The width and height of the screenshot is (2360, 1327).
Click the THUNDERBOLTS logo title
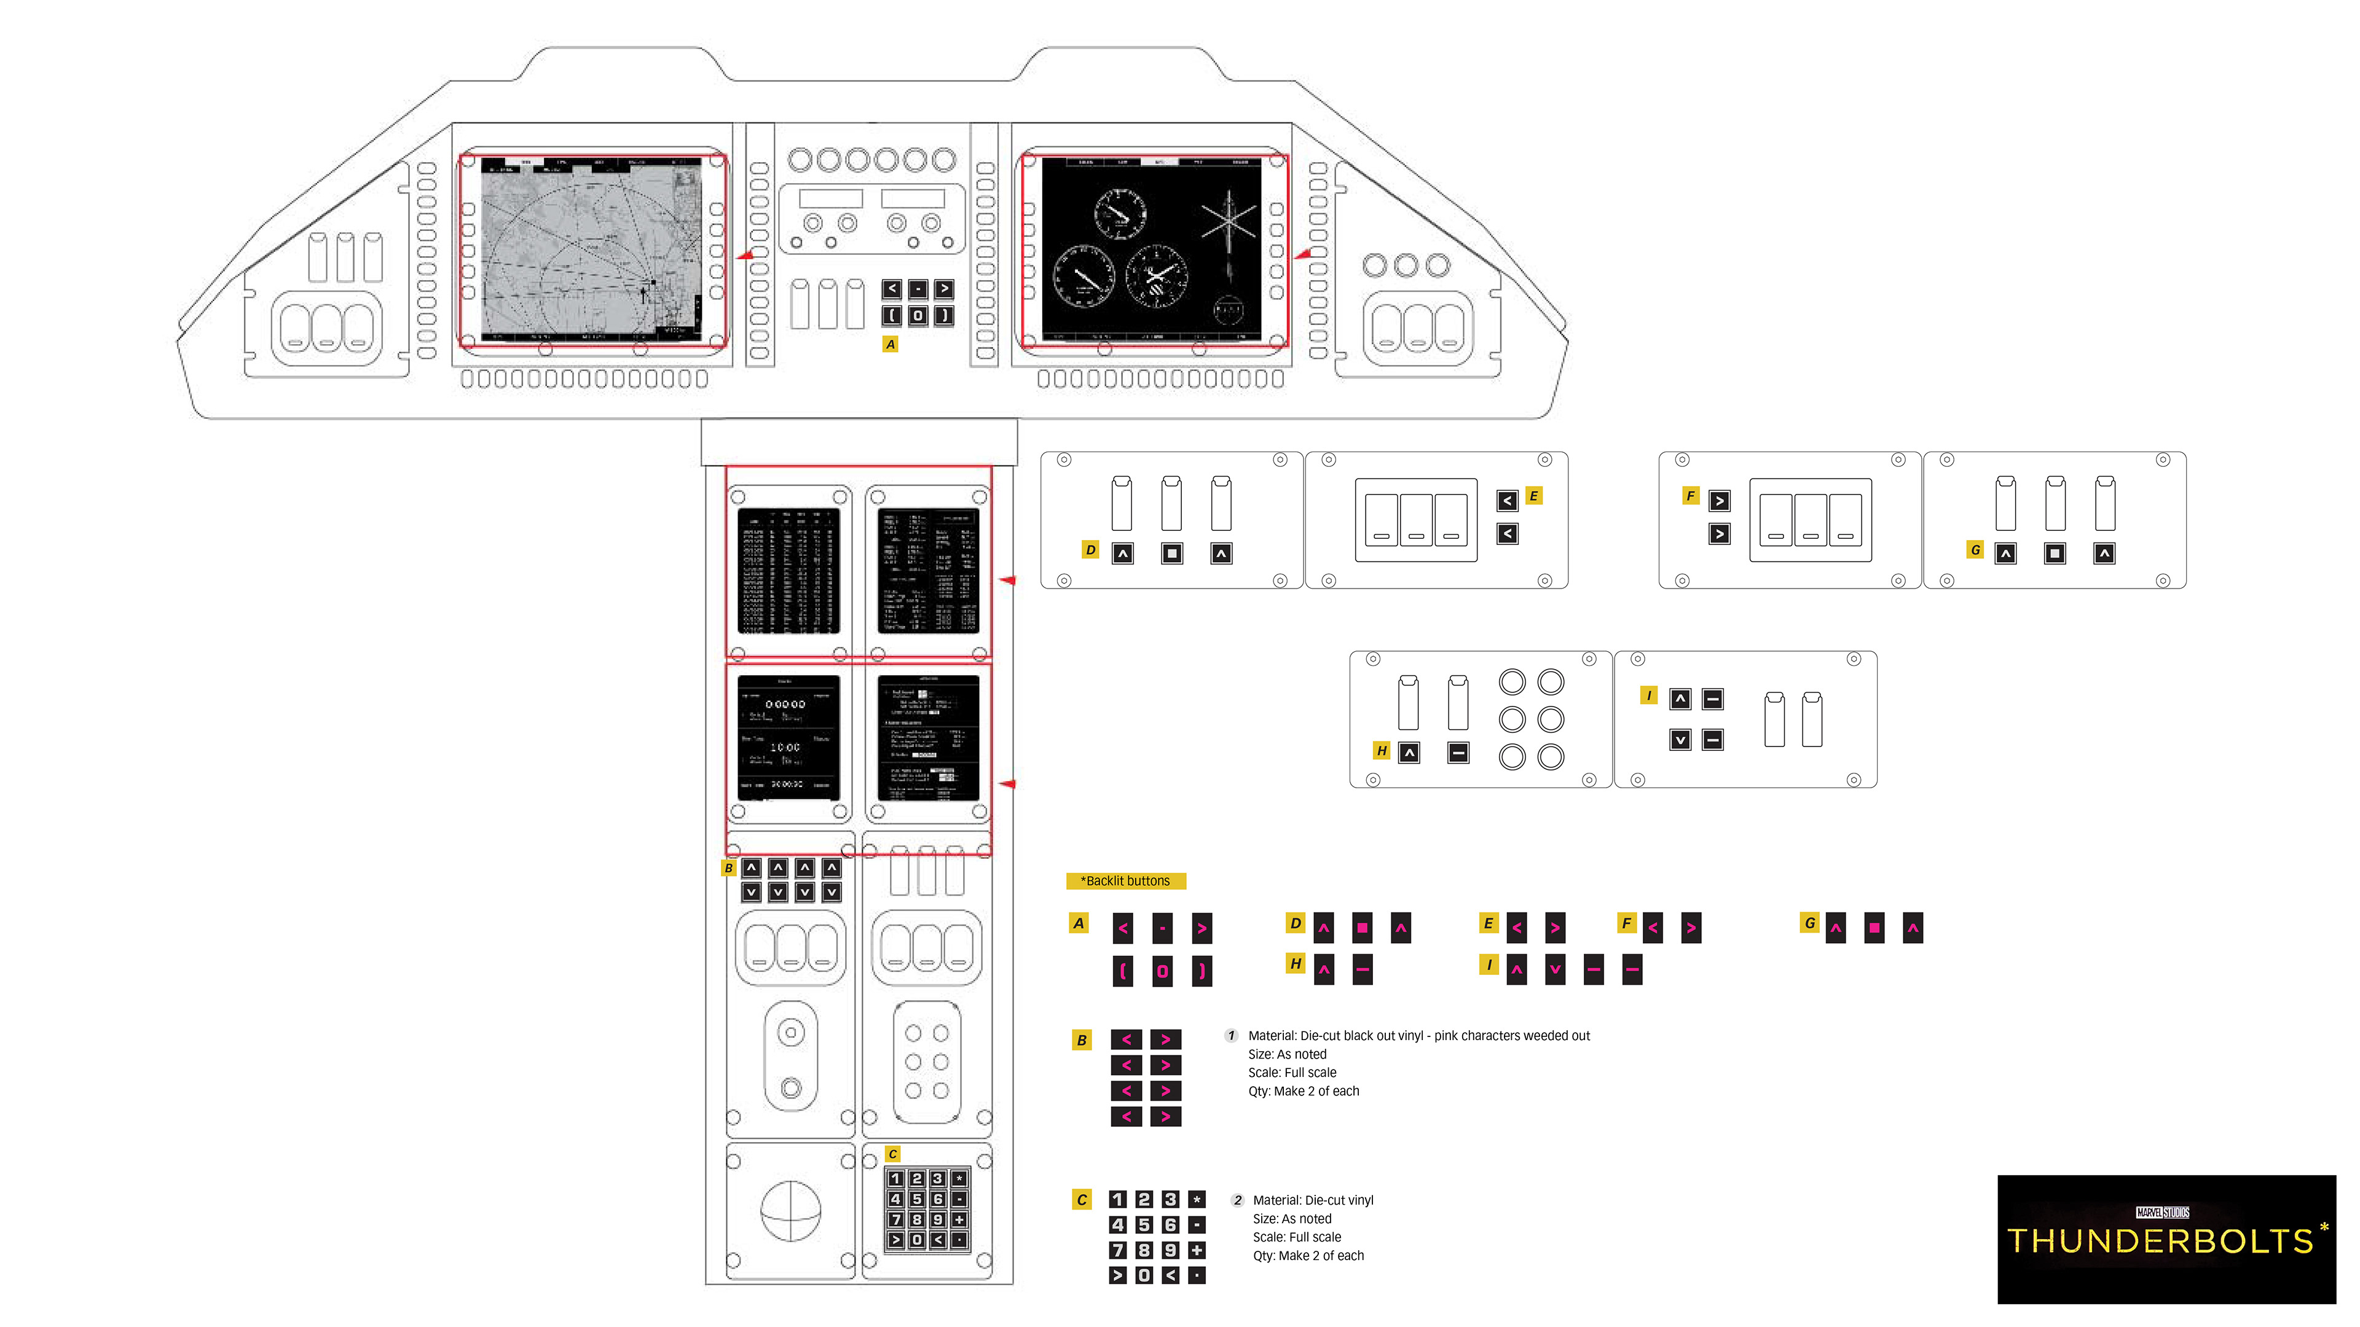point(2160,1242)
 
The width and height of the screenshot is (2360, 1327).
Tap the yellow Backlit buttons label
point(1126,881)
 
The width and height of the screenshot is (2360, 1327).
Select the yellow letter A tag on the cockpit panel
point(889,344)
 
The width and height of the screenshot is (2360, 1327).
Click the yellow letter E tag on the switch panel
point(1533,495)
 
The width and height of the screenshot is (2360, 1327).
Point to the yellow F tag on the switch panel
point(1690,495)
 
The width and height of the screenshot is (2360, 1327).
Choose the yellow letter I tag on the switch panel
point(1649,696)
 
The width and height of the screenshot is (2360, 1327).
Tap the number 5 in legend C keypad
point(1143,1224)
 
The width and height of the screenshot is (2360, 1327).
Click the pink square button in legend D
point(1363,928)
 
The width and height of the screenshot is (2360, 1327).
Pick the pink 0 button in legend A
point(1162,971)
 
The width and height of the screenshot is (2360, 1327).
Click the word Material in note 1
point(1272,1036)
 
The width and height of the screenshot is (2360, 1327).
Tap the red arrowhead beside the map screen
point(744,256)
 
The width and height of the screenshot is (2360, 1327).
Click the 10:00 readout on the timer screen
point(785,747)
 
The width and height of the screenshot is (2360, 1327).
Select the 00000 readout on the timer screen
point(785,704)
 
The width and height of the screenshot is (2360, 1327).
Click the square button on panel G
point(2055,553)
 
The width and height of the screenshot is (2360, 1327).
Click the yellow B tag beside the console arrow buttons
point(728,868)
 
